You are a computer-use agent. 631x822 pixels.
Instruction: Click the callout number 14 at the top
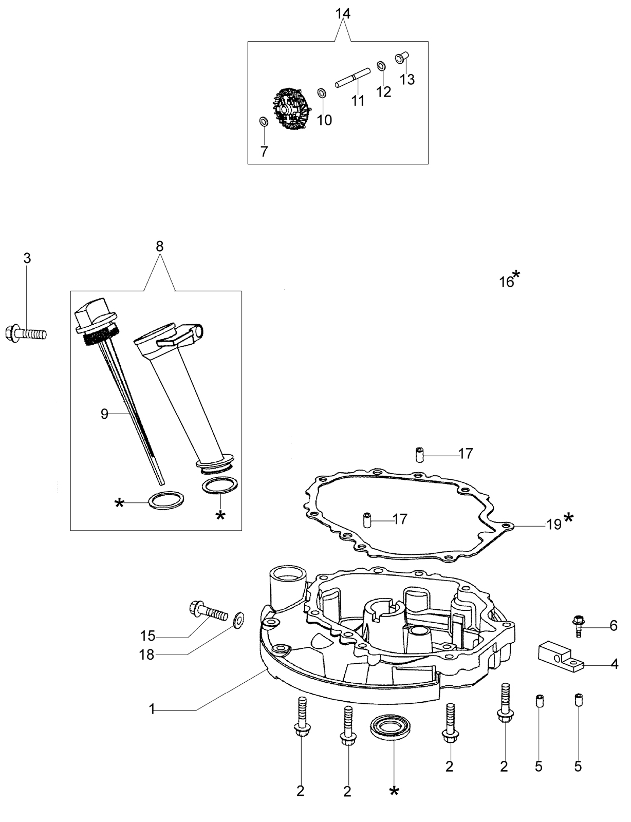343,14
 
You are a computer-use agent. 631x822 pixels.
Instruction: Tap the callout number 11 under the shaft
358,101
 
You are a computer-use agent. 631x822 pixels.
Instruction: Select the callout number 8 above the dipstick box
160,247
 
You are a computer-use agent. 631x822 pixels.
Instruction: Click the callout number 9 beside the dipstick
104,414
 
